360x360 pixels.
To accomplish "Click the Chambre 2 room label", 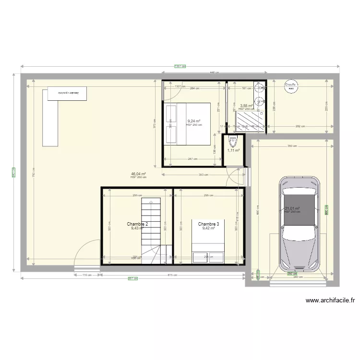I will coord(137,224).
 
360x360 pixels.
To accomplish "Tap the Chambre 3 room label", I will coord(208,224).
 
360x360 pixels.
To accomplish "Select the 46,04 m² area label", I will coord(138,174).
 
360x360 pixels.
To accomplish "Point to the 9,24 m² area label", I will coord(194,121).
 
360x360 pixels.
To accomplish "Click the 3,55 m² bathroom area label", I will coord(247,106).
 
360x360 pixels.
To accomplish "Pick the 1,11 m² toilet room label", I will coord(233,150).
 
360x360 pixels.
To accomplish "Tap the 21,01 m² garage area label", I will coord(292,208).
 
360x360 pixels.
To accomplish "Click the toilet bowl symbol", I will coord(234,143).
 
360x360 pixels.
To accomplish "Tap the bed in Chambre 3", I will coord(208,245).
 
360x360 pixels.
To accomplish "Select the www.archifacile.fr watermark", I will coord(331,301).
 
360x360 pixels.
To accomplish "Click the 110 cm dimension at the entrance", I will coord(87,275).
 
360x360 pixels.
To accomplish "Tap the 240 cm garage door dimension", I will coord(299,277).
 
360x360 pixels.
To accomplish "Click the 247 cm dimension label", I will coord(192,159).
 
